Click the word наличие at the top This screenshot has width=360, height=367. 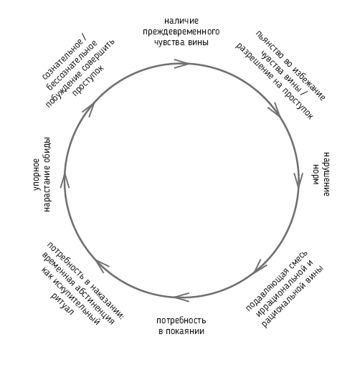pos(181,21)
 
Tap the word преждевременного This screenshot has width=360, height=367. pos(181,32)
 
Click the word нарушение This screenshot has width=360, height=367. pos(326,174)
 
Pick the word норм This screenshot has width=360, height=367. pos(316,174)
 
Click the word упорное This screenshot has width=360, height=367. pos(37,174)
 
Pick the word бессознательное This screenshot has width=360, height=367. pos(72,65)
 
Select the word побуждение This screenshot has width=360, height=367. pos(63,89)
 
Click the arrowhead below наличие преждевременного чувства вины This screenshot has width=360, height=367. pos(182,64)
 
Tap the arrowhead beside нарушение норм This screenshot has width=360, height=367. pos(298,180)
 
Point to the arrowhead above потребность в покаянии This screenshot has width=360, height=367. pos(181,297)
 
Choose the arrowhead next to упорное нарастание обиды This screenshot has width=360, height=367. pos(65,180)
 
